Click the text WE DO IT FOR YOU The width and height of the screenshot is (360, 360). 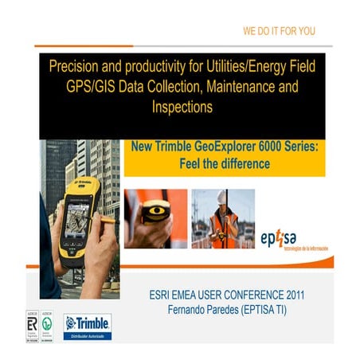pyautogui.click(x=279, y=31)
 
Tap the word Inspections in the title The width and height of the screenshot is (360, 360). pyautogui.click(x=179, y=106)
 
